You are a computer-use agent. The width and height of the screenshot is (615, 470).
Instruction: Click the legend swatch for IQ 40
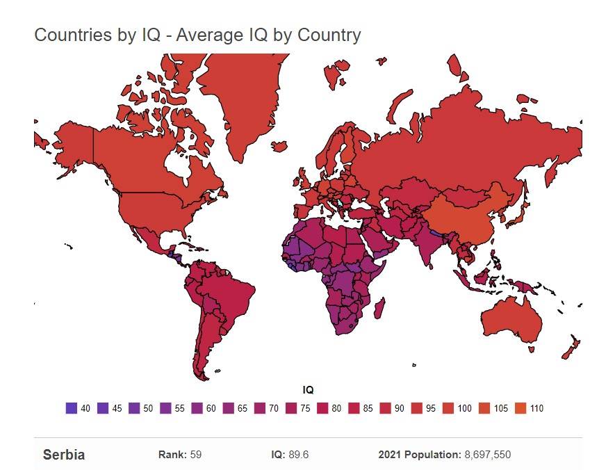point(71,408)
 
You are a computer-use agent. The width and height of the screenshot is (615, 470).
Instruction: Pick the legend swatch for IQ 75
point(290,408)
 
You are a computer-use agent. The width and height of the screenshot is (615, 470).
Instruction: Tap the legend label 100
point(464,409)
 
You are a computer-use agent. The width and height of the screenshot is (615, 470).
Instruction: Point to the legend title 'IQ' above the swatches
point(308,391)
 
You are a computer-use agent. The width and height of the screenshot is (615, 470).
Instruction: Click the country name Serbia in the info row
point(64,455)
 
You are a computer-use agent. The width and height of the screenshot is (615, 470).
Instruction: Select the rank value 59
point(196,455)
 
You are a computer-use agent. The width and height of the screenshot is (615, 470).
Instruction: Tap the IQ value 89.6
point(300,455)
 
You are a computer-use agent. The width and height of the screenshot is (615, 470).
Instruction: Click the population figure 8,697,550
point(487,455)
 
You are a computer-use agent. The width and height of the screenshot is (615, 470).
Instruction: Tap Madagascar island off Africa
point(380,305)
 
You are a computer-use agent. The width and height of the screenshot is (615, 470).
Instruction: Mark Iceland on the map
point(279,147)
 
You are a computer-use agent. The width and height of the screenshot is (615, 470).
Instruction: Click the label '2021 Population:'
point(419,455)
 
